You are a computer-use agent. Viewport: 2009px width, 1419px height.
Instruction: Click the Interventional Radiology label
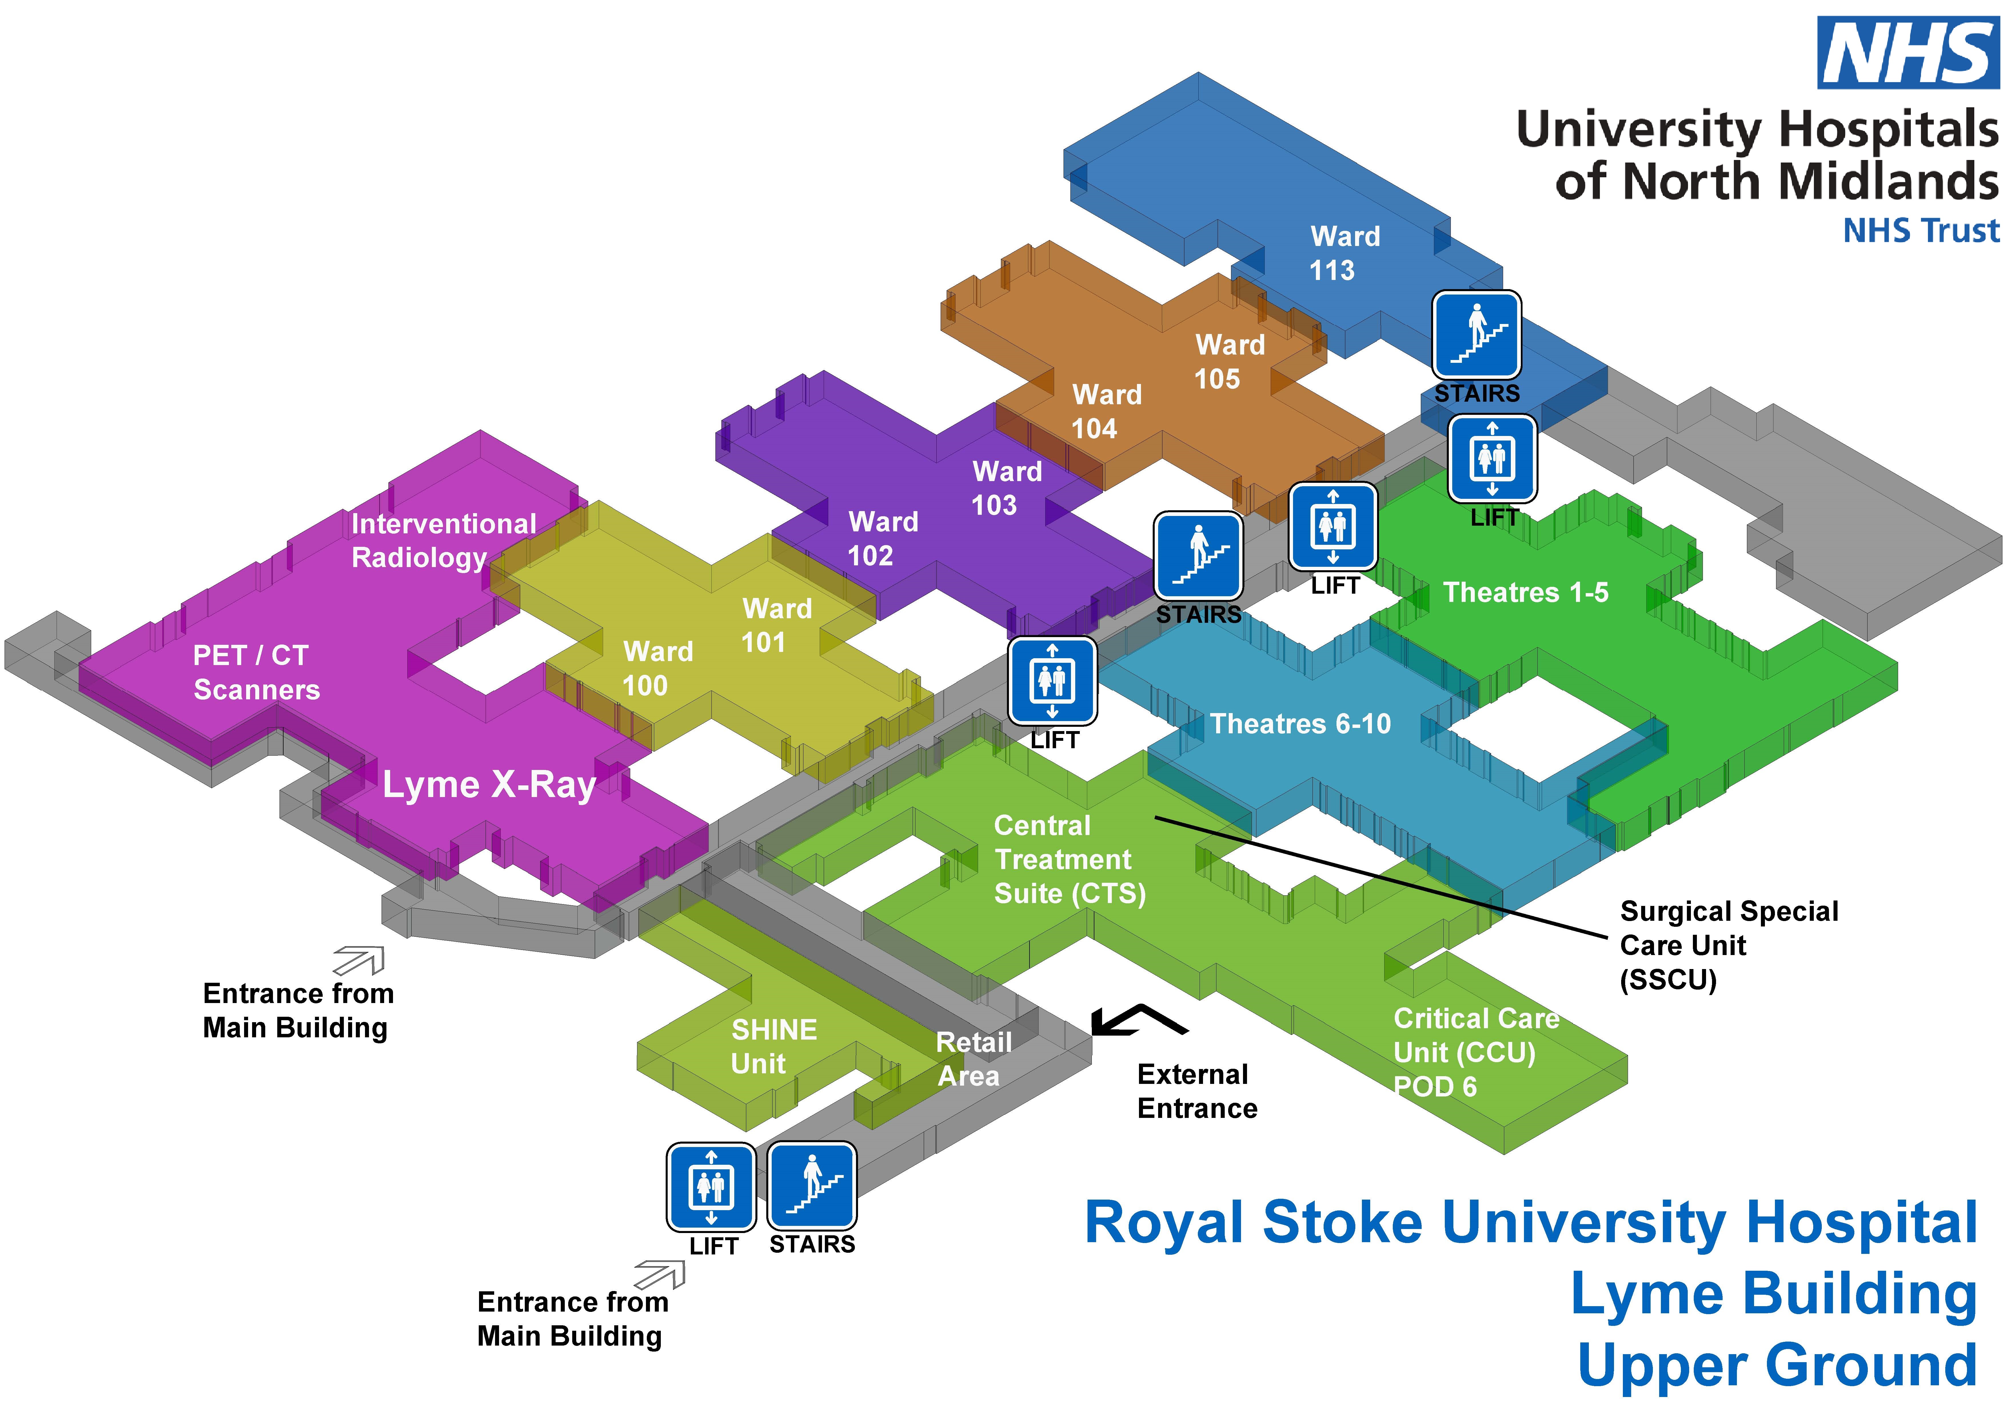443,541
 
